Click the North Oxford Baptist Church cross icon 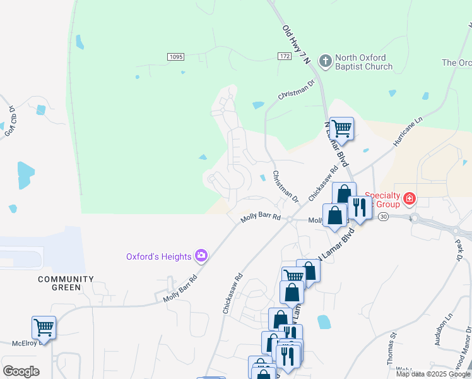click(325, 61)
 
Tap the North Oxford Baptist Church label click(364, 62)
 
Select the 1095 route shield click(176, 57)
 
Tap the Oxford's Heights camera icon click(201, 256)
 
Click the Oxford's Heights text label click(158, 256)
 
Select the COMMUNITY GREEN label click(66, 283)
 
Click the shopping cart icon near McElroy click(44, 328)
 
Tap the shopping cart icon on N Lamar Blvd click(341, 129)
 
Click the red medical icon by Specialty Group click(410, 200)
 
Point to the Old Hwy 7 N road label click(297, 45)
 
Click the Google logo click(21, 371)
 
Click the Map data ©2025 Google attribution click(433, 374)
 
